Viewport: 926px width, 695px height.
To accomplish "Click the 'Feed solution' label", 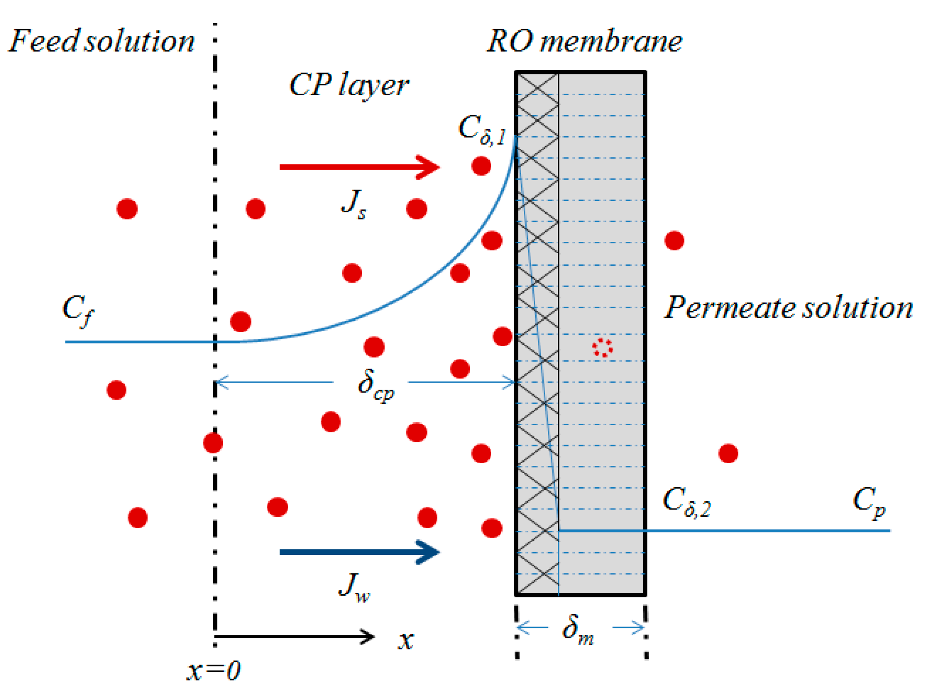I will pyautogui.click(x=102, y=41).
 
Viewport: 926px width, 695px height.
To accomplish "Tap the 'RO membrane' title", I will pyautogui.click(x=584, y=42).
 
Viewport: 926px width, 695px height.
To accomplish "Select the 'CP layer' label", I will pyautogui.click(x=349, y=85).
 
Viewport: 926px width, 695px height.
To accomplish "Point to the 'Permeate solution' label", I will pyautogui.click(x=788, y=308).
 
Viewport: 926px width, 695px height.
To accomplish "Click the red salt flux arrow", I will pyautogui.click(x=359, y=167).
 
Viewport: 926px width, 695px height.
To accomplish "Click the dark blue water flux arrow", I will pyautogui.click(x=359, y=552).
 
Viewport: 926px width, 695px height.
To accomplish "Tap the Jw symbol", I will pyautogui.click(x=354, y=588).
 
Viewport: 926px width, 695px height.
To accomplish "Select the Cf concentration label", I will pyautogui.click(x=78, y=309).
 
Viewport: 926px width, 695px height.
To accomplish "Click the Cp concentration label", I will pyautogui.click(x=869, y=502).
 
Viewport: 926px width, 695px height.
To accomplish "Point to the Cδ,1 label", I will pyautogui.click(x=482, y=130).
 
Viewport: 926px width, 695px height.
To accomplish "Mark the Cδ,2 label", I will pyautogui.click(x=686, y=502).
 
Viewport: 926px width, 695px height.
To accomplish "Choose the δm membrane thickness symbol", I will pyautogui.click(x=578, y=630).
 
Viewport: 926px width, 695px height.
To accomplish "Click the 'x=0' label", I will pyautogui.click(x=213, y=670).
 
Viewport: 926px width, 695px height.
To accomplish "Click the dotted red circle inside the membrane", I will pyautogui.click(x=602, y=347).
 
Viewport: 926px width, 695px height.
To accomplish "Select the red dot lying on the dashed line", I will pyautogui.click(x=213, y=443).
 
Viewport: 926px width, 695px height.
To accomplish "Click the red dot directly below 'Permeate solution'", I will pyautogui.click(x=728, y=453).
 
